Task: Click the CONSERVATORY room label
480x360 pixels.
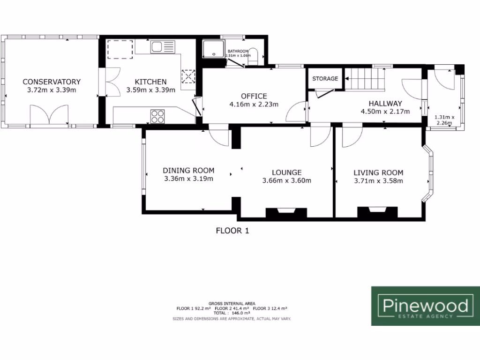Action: pos(52,82)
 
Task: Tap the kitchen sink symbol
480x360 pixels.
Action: pos(162,47)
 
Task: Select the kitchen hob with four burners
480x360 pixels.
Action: pos(158,115)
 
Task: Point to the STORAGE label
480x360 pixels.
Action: pos(325,78)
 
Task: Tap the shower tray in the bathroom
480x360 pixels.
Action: pos(214,49)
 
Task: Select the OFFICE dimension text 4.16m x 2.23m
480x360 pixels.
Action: pos(254,104)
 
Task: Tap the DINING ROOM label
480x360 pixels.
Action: pos(188,170)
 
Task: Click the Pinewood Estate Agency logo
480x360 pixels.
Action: pos(425,306)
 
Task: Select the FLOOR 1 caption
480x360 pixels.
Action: pos(231,230)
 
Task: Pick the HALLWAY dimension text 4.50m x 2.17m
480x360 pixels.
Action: pos(385,112)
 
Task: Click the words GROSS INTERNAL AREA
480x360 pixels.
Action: pos(232,304)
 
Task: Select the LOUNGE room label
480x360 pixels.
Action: pos(286,172)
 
